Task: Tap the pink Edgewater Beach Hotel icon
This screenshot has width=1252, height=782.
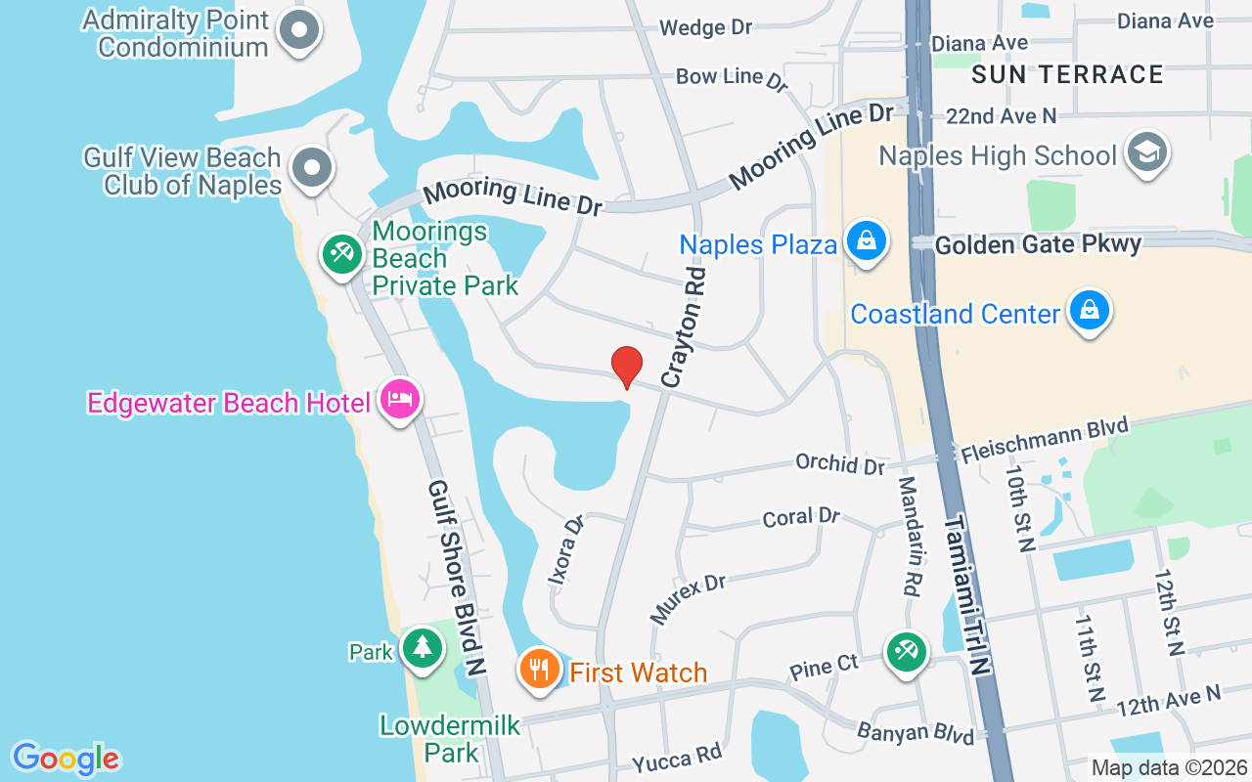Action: coord(400,399)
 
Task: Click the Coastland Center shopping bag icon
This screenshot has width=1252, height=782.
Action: coord(1089,311)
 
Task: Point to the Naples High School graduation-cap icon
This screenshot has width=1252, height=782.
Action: coord(1147,152)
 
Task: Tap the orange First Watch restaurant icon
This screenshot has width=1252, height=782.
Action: coord(538,670)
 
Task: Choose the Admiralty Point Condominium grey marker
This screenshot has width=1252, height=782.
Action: coord(299,30)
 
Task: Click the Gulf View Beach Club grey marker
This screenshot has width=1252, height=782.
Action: coord(312,166)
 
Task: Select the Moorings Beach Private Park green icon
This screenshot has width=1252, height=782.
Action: coord(341,255)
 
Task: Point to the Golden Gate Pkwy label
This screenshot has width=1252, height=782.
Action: coord(1038,243)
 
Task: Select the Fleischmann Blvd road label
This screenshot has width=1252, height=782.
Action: coord(1044,441)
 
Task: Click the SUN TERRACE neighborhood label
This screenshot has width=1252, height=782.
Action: coord(1067,74)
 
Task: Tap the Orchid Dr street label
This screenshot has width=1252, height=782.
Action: coord(839,463)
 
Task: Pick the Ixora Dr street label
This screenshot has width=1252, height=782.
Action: coord(566,549)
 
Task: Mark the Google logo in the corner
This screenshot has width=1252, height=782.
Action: coord(66,759)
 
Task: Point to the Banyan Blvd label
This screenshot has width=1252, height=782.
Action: coord(915,733)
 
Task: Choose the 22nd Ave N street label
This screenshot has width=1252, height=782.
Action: coord(1001,115)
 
